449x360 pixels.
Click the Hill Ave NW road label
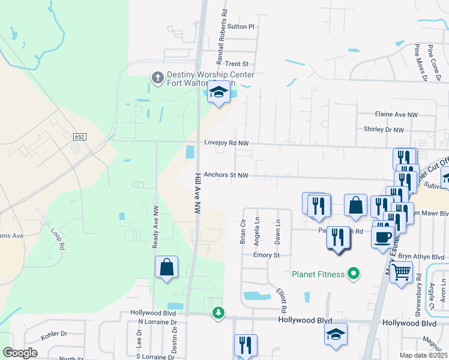click(x=196, y=193)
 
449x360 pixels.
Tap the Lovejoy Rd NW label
click(x=226, y=143)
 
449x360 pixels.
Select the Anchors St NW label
click(x=226, y=175)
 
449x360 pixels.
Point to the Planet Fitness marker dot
click(x=354, y=274)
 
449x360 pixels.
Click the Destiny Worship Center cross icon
click(x=157, y=78)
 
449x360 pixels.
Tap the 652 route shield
click(x=79, y=137)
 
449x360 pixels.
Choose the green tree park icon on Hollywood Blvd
click(x=219, y=313)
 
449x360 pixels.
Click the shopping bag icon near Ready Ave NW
click(x=167, y=267)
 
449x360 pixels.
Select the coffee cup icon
click(x=382, y=236)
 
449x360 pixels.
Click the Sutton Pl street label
click(x=241, y=27)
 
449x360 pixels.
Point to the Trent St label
click(x=237, y=64)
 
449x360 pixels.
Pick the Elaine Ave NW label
click(x=396, y=114)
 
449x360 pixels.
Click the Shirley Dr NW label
click(x=384, y=129)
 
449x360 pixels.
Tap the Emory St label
click(x=267, y=255)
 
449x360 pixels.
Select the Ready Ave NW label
click(x=155, y=227)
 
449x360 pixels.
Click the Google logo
click(x=20, y=353)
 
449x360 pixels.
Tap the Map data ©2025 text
click(x=424, y=355)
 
